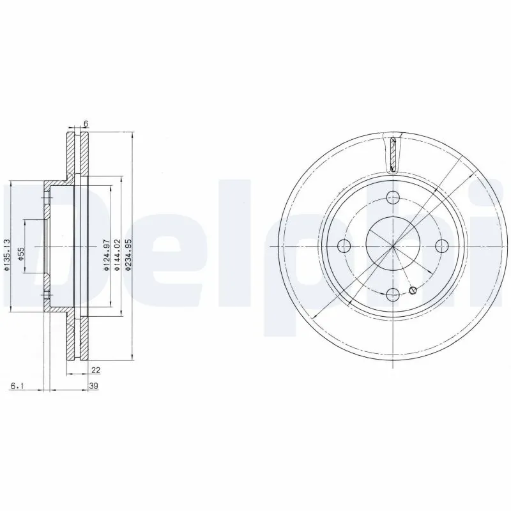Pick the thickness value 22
(x=96, y=369)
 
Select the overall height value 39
(x=93, y=386)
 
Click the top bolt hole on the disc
(x=393, y=197)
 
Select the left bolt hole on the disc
(x=345, y=246)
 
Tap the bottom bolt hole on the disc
(x=393, y=294)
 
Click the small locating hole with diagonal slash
(x=413, y=291)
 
